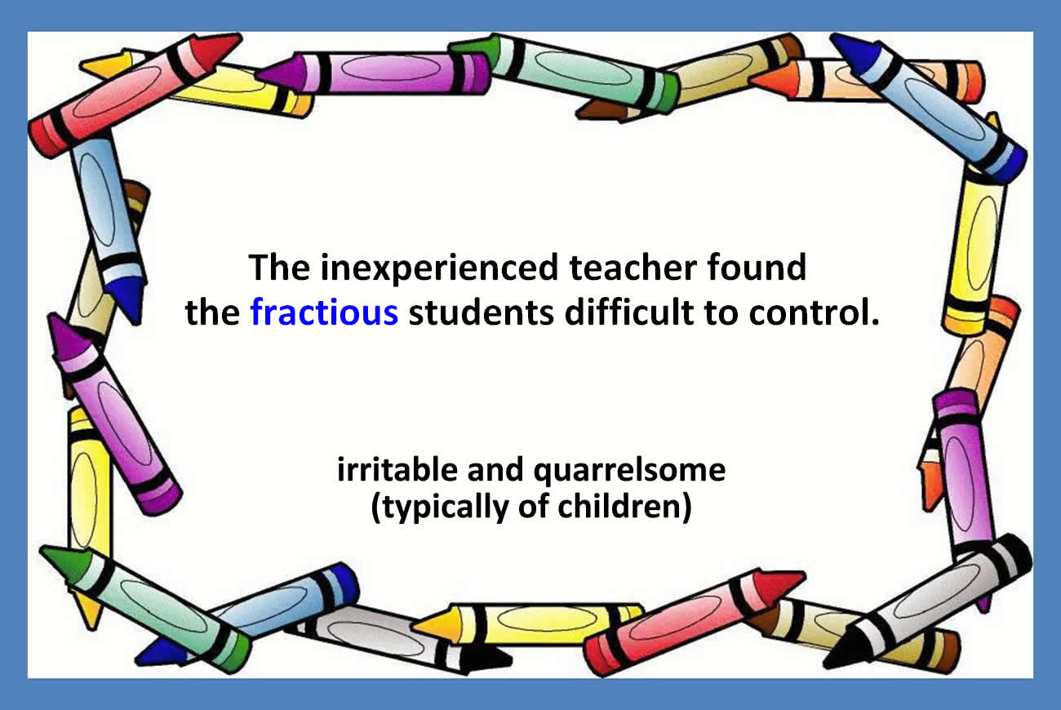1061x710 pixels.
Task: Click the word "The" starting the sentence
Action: [x=279, y=268]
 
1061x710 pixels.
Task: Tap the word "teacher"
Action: [x=633, y=268]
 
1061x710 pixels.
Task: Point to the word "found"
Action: [x=757, y=267]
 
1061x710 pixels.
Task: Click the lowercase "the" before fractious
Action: [x=213, y=312]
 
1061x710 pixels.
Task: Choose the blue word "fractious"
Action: [x=324, y=312]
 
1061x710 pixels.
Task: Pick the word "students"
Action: [x=482, y=312]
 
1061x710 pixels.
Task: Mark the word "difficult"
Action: [x=628, y=312]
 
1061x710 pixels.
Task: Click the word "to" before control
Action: [x=721, y=313]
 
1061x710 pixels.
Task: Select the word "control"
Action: [x=808, y=312]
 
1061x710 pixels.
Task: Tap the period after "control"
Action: [x=874, y=322]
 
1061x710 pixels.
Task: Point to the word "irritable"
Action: [x=397, y=469]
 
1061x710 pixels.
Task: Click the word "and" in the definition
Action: [x=495, y=469]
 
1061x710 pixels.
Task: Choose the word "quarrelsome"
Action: [x=629, y=472]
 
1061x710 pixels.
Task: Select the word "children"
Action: [x=619, y=506]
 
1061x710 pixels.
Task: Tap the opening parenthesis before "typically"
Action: [x=375, y=508]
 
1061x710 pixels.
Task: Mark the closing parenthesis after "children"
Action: [x=687, y=508]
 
